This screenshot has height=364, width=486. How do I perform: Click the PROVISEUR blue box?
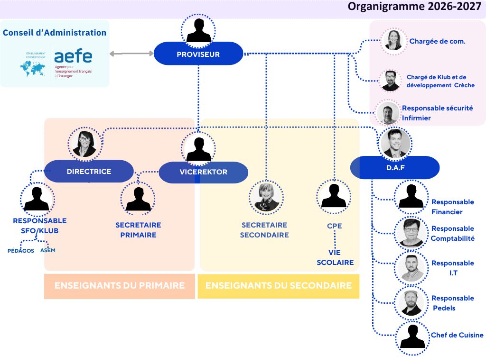(x=198, y=54)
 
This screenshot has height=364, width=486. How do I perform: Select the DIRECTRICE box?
(x=89, y=171)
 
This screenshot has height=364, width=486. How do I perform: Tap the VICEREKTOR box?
(x=203, y=172)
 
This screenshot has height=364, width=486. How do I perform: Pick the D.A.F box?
(x=395, y=167)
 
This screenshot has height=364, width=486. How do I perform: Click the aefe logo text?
(x=73, y=56)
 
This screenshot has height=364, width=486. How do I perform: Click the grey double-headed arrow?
(x=132, y=54)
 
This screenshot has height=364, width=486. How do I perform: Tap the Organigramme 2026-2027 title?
(x=414, y=7)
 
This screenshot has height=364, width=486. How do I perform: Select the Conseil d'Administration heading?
(x=55, y=33)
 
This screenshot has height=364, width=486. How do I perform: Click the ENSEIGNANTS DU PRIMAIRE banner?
(x=120, y=286)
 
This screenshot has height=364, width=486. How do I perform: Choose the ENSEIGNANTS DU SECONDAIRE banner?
(x=279, y=286)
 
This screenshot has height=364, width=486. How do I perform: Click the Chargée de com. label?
(x=437, y=41)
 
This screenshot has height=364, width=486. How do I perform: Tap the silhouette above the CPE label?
(x=334, y=197)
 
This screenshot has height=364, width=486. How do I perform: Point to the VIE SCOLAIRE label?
(x=335, y=257)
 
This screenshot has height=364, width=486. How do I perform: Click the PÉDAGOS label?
(x=21, y=251)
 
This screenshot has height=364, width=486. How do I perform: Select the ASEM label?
(x=48, y=250)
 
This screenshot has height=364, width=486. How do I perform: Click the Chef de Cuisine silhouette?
(x=412, y=338)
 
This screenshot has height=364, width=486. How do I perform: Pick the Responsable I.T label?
(x=452, y=268)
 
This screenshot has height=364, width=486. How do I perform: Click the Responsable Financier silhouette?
(x=411, y=197)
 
